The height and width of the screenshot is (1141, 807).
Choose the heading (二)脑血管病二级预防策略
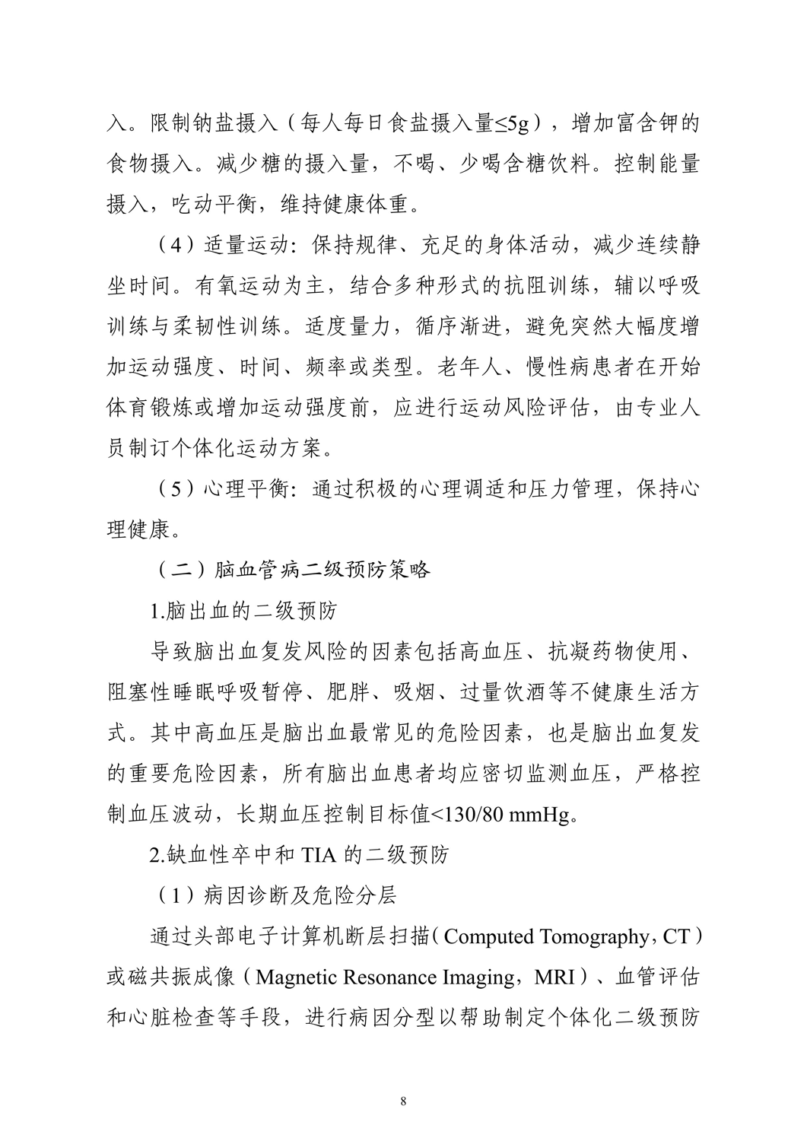pyautogui.click(x=291, y=570)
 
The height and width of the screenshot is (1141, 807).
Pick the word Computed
pyautogui.click(x=488, y=936)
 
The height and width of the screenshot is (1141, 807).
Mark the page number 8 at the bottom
pyautogui.click(x=403, y=1101)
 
